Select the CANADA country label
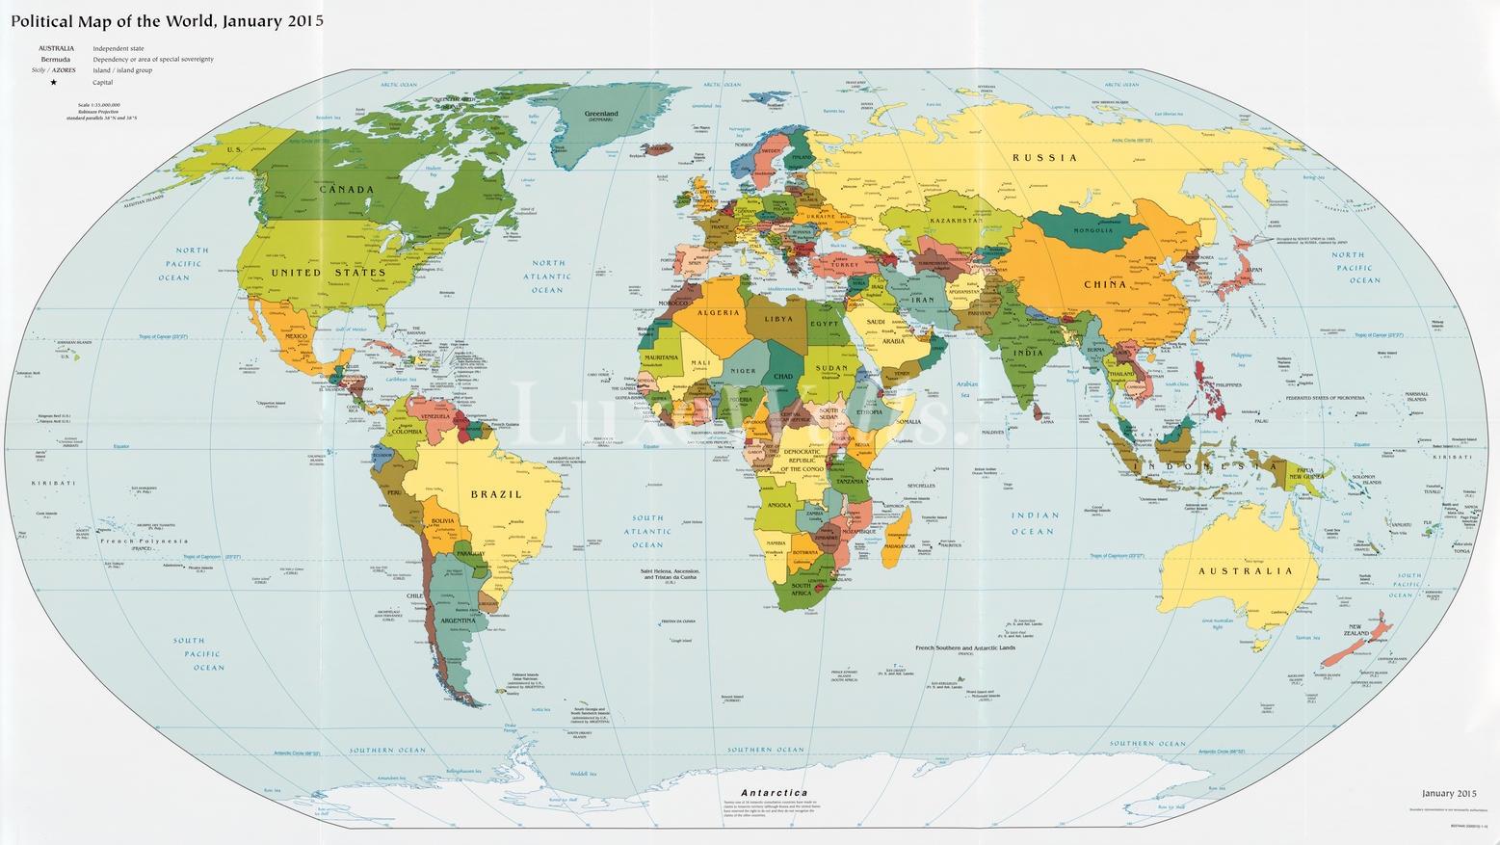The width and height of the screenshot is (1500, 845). (x=346, y=190)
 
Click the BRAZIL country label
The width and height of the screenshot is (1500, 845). (x=495, y=494)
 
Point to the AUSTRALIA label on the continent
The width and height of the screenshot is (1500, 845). (x=1245, y=571)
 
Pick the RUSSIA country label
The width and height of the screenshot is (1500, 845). (x=1044, y=157)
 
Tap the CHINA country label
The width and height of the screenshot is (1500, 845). (x=1105, y=284)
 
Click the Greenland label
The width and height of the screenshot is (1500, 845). (x=602, y=115)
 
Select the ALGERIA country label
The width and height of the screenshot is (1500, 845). (x=718, y=313)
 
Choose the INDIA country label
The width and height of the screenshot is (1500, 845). (x=1028, y=353)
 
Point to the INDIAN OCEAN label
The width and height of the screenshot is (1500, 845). (x=1034, y=523)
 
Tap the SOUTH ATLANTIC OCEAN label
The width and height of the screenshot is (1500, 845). (x=647, y=531)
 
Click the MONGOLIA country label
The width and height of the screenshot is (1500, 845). (x=1092, y=230)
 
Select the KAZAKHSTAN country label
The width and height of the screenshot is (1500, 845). (x=956, y=221)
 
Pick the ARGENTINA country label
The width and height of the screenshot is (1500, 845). (x=459, y=621)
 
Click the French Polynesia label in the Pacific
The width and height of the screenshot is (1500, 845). (x=144, y=541)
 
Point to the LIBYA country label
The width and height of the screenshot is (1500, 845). (x=778, y=319)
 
